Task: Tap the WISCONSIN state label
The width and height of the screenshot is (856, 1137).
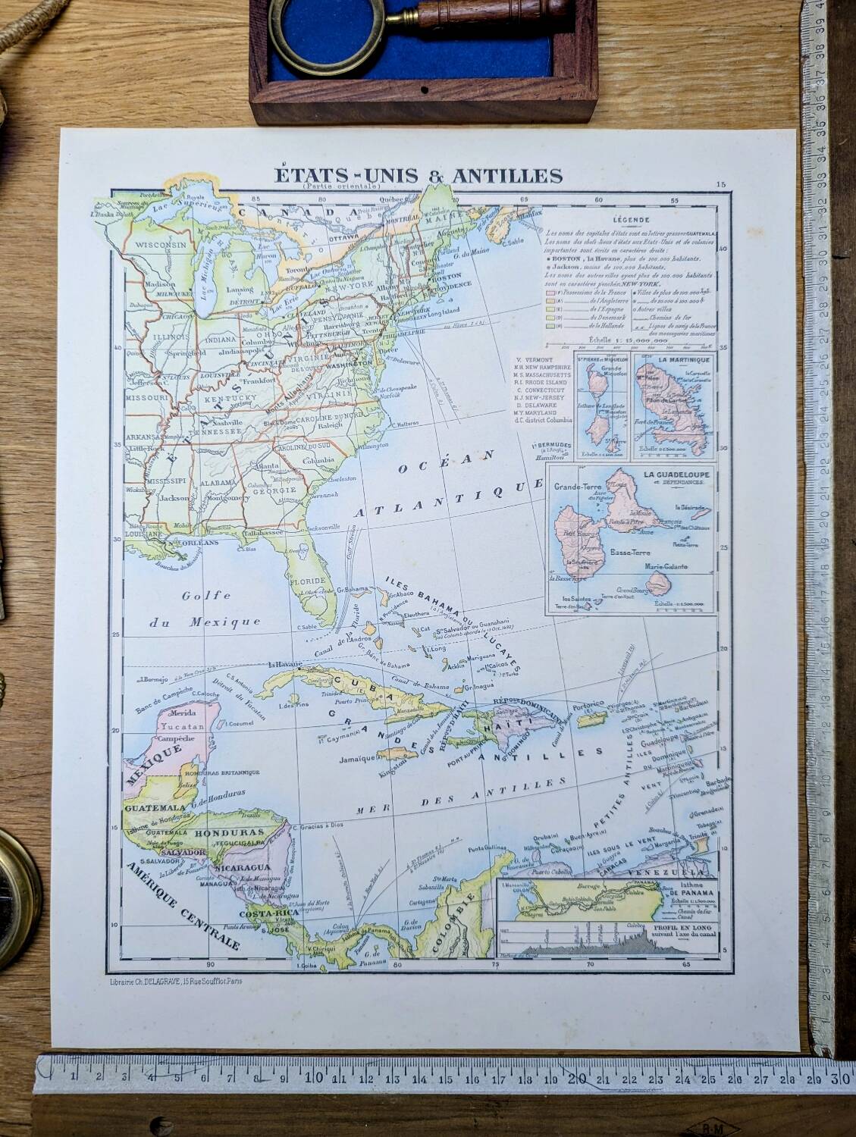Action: coord(161,246)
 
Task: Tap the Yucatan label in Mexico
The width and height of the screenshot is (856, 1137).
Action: coord(180,725)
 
